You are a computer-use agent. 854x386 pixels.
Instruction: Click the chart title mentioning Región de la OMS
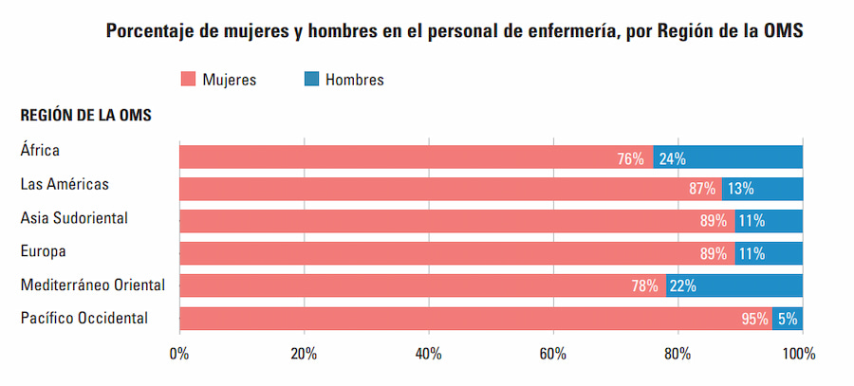click(455, 31)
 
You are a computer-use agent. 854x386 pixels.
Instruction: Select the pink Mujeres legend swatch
click(187, 80)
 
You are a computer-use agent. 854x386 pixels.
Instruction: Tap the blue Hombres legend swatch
click(310, 80)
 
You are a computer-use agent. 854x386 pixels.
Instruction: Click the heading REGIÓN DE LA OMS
click(86, 116)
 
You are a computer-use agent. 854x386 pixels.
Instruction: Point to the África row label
click(40, 149)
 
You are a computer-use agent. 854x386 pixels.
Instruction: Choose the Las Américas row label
click(65, 184)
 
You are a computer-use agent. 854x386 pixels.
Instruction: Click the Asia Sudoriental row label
click(74, 218)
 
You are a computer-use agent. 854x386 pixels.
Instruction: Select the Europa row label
click(43, 251)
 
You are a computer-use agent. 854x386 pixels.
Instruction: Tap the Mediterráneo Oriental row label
click(93, 285)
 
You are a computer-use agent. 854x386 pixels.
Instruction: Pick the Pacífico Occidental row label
click(84, 318)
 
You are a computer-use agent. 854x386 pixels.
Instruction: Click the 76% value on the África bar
click(630, 158)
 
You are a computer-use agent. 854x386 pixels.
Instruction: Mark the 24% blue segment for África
click(728, 157)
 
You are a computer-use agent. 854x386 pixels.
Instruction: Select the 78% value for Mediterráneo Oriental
click(644, 285)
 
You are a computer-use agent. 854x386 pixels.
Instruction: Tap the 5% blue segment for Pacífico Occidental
click(788, 319)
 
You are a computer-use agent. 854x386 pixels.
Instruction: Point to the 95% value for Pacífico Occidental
click(755, 319)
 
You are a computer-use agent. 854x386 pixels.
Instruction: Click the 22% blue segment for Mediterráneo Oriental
click(734, 285)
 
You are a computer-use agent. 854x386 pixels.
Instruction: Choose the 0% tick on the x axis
click(178, 354)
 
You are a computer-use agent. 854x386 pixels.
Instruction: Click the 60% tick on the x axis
click(552, 354)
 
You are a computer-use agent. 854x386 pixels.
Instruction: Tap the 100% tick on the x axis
click(799, 354)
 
